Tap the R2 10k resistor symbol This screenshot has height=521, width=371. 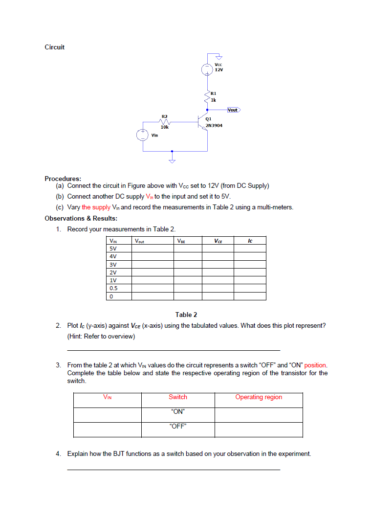click(165, 122)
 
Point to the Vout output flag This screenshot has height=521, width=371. click(233, 110)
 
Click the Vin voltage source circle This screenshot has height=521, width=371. click(143, 135)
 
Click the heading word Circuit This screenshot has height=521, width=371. click(54, 47)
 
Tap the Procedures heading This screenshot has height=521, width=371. click(63, 179)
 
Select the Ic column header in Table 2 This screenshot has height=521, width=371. click(250, 241)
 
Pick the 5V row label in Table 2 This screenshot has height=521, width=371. click(113, 249)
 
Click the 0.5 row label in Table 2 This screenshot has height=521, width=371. click(113, 288)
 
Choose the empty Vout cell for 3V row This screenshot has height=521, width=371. click(152, 265)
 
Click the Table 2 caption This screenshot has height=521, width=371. click(186, 315)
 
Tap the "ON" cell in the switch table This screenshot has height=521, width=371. click(178, 411)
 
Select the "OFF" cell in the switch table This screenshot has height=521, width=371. click(178, 426)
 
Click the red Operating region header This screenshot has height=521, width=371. click(259, 397)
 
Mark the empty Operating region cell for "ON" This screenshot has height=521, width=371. click(259, 415)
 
